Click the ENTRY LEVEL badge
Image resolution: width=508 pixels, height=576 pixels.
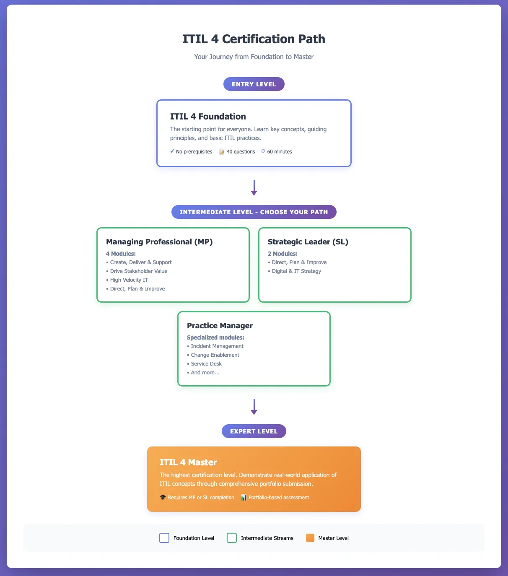(254, 84)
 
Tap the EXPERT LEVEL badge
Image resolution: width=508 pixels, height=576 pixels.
(254, 431)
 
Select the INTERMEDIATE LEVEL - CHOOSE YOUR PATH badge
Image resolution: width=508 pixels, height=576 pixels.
(254, 212)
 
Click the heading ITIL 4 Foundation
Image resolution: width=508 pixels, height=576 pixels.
(208, 117)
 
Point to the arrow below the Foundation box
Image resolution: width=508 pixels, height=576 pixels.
(254, 188)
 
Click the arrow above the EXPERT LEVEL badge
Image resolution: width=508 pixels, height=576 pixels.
(254, 407)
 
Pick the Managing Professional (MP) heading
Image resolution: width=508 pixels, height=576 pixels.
(159, 242)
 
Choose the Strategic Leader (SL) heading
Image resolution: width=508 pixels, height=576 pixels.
(308, 242)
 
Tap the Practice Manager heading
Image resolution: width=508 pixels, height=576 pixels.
(220, 326)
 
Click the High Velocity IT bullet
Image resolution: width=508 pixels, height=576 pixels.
(129, 280)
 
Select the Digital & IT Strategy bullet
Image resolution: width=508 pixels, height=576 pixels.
(296, 271)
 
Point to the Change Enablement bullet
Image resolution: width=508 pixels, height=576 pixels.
(215, 355)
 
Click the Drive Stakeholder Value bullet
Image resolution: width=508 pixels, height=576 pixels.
(138, 271)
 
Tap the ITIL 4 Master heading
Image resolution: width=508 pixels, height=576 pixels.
(188, 462)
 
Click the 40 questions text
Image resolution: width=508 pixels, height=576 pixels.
(241, 152)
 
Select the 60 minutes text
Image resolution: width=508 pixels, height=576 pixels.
(279, 152)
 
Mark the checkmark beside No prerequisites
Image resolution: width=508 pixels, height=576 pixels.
(172, 151)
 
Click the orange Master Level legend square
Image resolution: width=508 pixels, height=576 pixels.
(310, 538)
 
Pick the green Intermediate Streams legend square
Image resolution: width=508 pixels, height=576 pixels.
(232, 538)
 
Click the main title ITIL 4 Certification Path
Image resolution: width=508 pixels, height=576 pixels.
(254, 39)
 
